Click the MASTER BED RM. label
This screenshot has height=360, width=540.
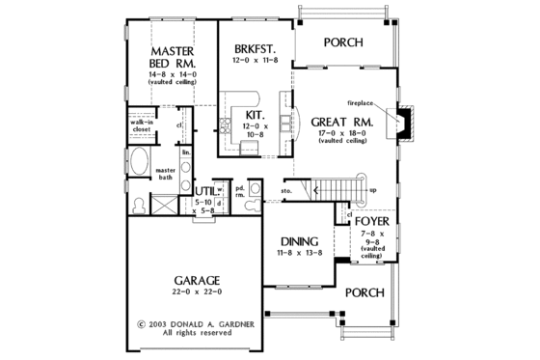pos(173,56)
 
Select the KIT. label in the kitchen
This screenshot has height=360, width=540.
pos(254,115)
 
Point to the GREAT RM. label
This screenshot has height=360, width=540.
pos(337,123)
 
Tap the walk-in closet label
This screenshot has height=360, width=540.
pos(142,127)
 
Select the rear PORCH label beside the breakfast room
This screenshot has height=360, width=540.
pos(342,42)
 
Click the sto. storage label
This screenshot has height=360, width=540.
pos(286,192)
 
